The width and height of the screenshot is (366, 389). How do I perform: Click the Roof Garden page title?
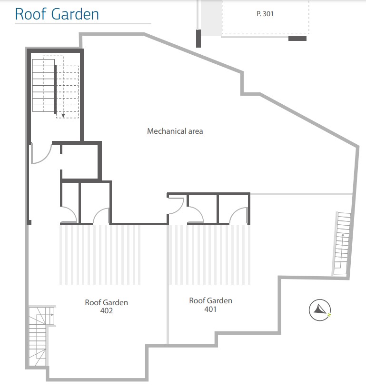57,14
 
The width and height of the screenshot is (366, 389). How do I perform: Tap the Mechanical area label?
175,131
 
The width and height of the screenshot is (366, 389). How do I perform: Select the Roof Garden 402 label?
106,306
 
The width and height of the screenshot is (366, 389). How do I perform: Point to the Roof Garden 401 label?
210,304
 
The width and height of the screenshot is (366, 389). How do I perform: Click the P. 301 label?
265,14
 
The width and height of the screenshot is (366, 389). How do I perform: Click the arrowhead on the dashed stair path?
62,115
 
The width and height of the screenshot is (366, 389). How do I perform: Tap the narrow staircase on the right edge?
342,244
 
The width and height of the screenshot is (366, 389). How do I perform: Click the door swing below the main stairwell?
41,153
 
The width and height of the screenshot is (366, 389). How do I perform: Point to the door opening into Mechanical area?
176,205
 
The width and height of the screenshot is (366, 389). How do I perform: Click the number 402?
106,310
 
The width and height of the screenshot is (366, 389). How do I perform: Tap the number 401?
210,309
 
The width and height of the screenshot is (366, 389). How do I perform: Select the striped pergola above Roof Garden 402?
100,255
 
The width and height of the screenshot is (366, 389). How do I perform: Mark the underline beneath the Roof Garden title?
83,23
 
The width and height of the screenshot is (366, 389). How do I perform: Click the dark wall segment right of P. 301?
297,39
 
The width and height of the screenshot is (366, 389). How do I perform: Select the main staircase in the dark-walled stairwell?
48,86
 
